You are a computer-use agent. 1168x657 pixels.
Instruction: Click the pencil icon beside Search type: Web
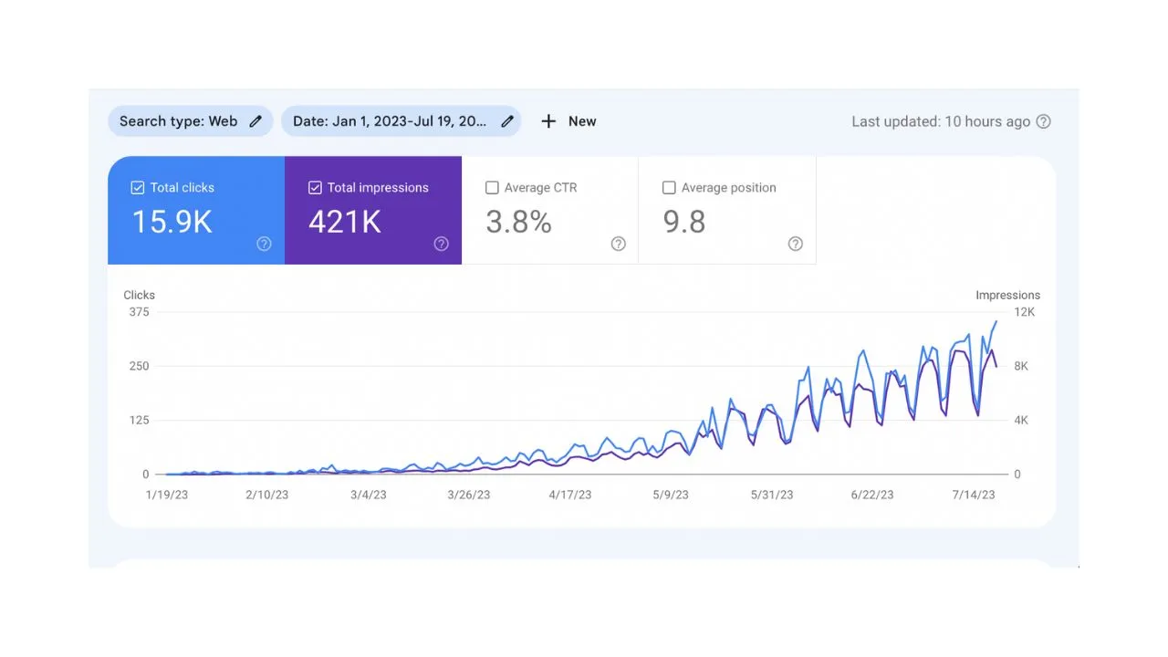click(255, 121)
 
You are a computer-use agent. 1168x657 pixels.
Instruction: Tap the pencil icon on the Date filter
click(507, 121)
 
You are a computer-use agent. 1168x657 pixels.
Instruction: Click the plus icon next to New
click(548, 121)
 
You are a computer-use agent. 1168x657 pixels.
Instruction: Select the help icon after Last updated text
click(1044, 121)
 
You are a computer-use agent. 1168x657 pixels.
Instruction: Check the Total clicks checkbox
click(138, 187)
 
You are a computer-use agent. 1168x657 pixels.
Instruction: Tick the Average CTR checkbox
click(492, 187)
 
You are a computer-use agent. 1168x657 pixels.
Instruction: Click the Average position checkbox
click(669, 187)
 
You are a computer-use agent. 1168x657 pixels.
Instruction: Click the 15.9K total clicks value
click(172, 222)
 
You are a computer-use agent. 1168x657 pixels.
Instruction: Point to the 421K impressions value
click(345, 222)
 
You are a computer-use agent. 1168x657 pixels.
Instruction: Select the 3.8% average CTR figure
click(518, 222)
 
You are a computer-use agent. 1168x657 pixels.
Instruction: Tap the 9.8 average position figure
click(683, 222)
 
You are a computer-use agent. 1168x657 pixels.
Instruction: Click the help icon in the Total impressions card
click(441, 244)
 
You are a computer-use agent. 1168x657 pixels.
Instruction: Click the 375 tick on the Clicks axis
click(139, 312)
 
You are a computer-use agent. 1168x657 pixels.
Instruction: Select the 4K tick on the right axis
click(1021, 420)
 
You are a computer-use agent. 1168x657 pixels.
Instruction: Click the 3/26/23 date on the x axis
click(468, 495)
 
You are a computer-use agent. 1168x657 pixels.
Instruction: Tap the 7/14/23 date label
click(973, 495)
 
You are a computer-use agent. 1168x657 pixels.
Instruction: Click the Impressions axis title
click(1007, 295)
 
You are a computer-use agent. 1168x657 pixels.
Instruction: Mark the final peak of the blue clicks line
click(996, 321)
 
